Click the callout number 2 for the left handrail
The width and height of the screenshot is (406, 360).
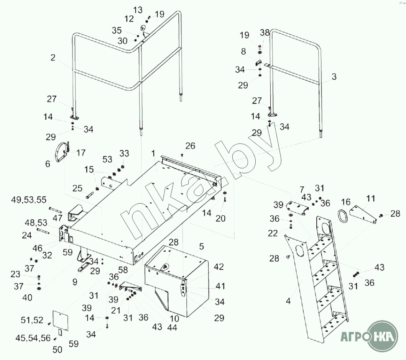click(x=53, y=58)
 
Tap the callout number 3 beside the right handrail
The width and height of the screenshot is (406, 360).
click(x=334, y=77)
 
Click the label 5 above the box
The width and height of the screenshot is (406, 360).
click(x=201, y=246)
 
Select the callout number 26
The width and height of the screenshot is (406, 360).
click(x=190, y=146)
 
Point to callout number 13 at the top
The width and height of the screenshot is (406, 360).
click(x=137, y=10)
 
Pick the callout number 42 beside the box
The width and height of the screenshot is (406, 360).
click(x=219, y=267)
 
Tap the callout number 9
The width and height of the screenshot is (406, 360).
click(x=75, y=282)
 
